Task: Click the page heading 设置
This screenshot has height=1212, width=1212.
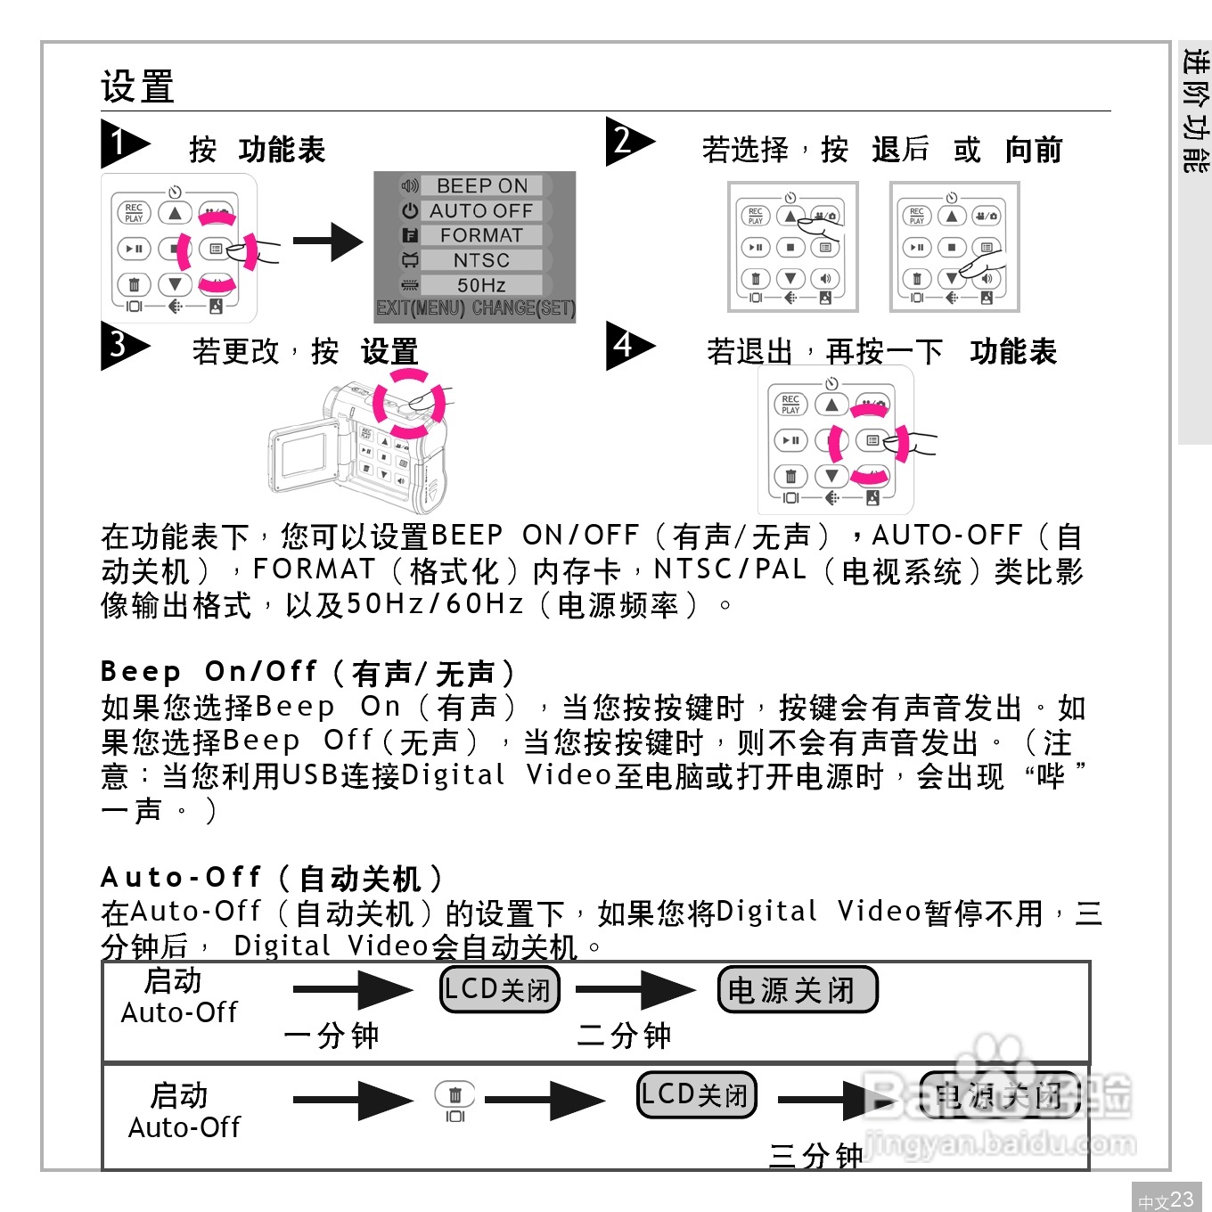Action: (x=137, y=86)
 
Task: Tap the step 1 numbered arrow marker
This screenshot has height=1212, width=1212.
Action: (x=123, y=143)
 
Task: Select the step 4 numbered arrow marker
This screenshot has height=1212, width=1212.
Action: (x=628, y=346)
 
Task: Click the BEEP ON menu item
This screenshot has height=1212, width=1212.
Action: (x=481, y=185)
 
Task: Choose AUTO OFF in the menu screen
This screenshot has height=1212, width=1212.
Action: (x=481, y=210)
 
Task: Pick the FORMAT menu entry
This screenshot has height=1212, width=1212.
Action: (x=481, y=235)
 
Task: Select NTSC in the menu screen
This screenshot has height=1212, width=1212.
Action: (x=481, y=260)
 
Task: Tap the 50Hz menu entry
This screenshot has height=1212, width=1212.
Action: (x=481, y=285)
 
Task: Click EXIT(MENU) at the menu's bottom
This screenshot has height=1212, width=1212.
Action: (x=421, y=308)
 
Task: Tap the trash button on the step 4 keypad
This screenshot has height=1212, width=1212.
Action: (x=790, y=476)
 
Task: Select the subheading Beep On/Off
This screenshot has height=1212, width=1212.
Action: (x=307, y=672)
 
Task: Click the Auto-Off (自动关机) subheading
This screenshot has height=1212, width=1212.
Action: (x=272, y=878)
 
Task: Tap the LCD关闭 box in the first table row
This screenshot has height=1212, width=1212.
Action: (x=500, y=989)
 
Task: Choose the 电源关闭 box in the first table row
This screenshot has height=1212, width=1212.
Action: (x=797, y=989)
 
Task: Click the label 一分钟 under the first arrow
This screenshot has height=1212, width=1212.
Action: (x=331, y=1036)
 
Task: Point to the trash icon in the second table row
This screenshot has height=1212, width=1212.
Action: (x=454, y=1094)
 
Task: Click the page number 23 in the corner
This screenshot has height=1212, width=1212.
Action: (x=1181, y=1200)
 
